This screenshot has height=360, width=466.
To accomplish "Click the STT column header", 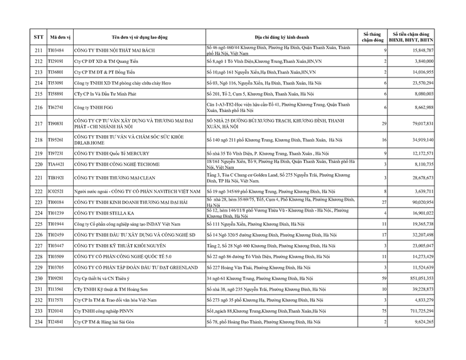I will click(x=38, y=37).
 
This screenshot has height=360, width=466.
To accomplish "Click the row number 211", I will click(x=38, y=50).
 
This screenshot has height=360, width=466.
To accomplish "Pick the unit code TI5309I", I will click(x=57, y=83).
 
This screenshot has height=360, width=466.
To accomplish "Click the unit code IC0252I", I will click(x=57, y=191).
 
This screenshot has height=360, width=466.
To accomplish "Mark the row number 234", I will click(x=38, y=322).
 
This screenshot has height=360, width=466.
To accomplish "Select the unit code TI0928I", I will click(x=57, y=278).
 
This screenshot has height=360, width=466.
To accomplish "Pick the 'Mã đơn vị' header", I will click(x=58, y=37).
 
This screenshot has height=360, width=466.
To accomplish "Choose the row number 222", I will click(x=38, y=191).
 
